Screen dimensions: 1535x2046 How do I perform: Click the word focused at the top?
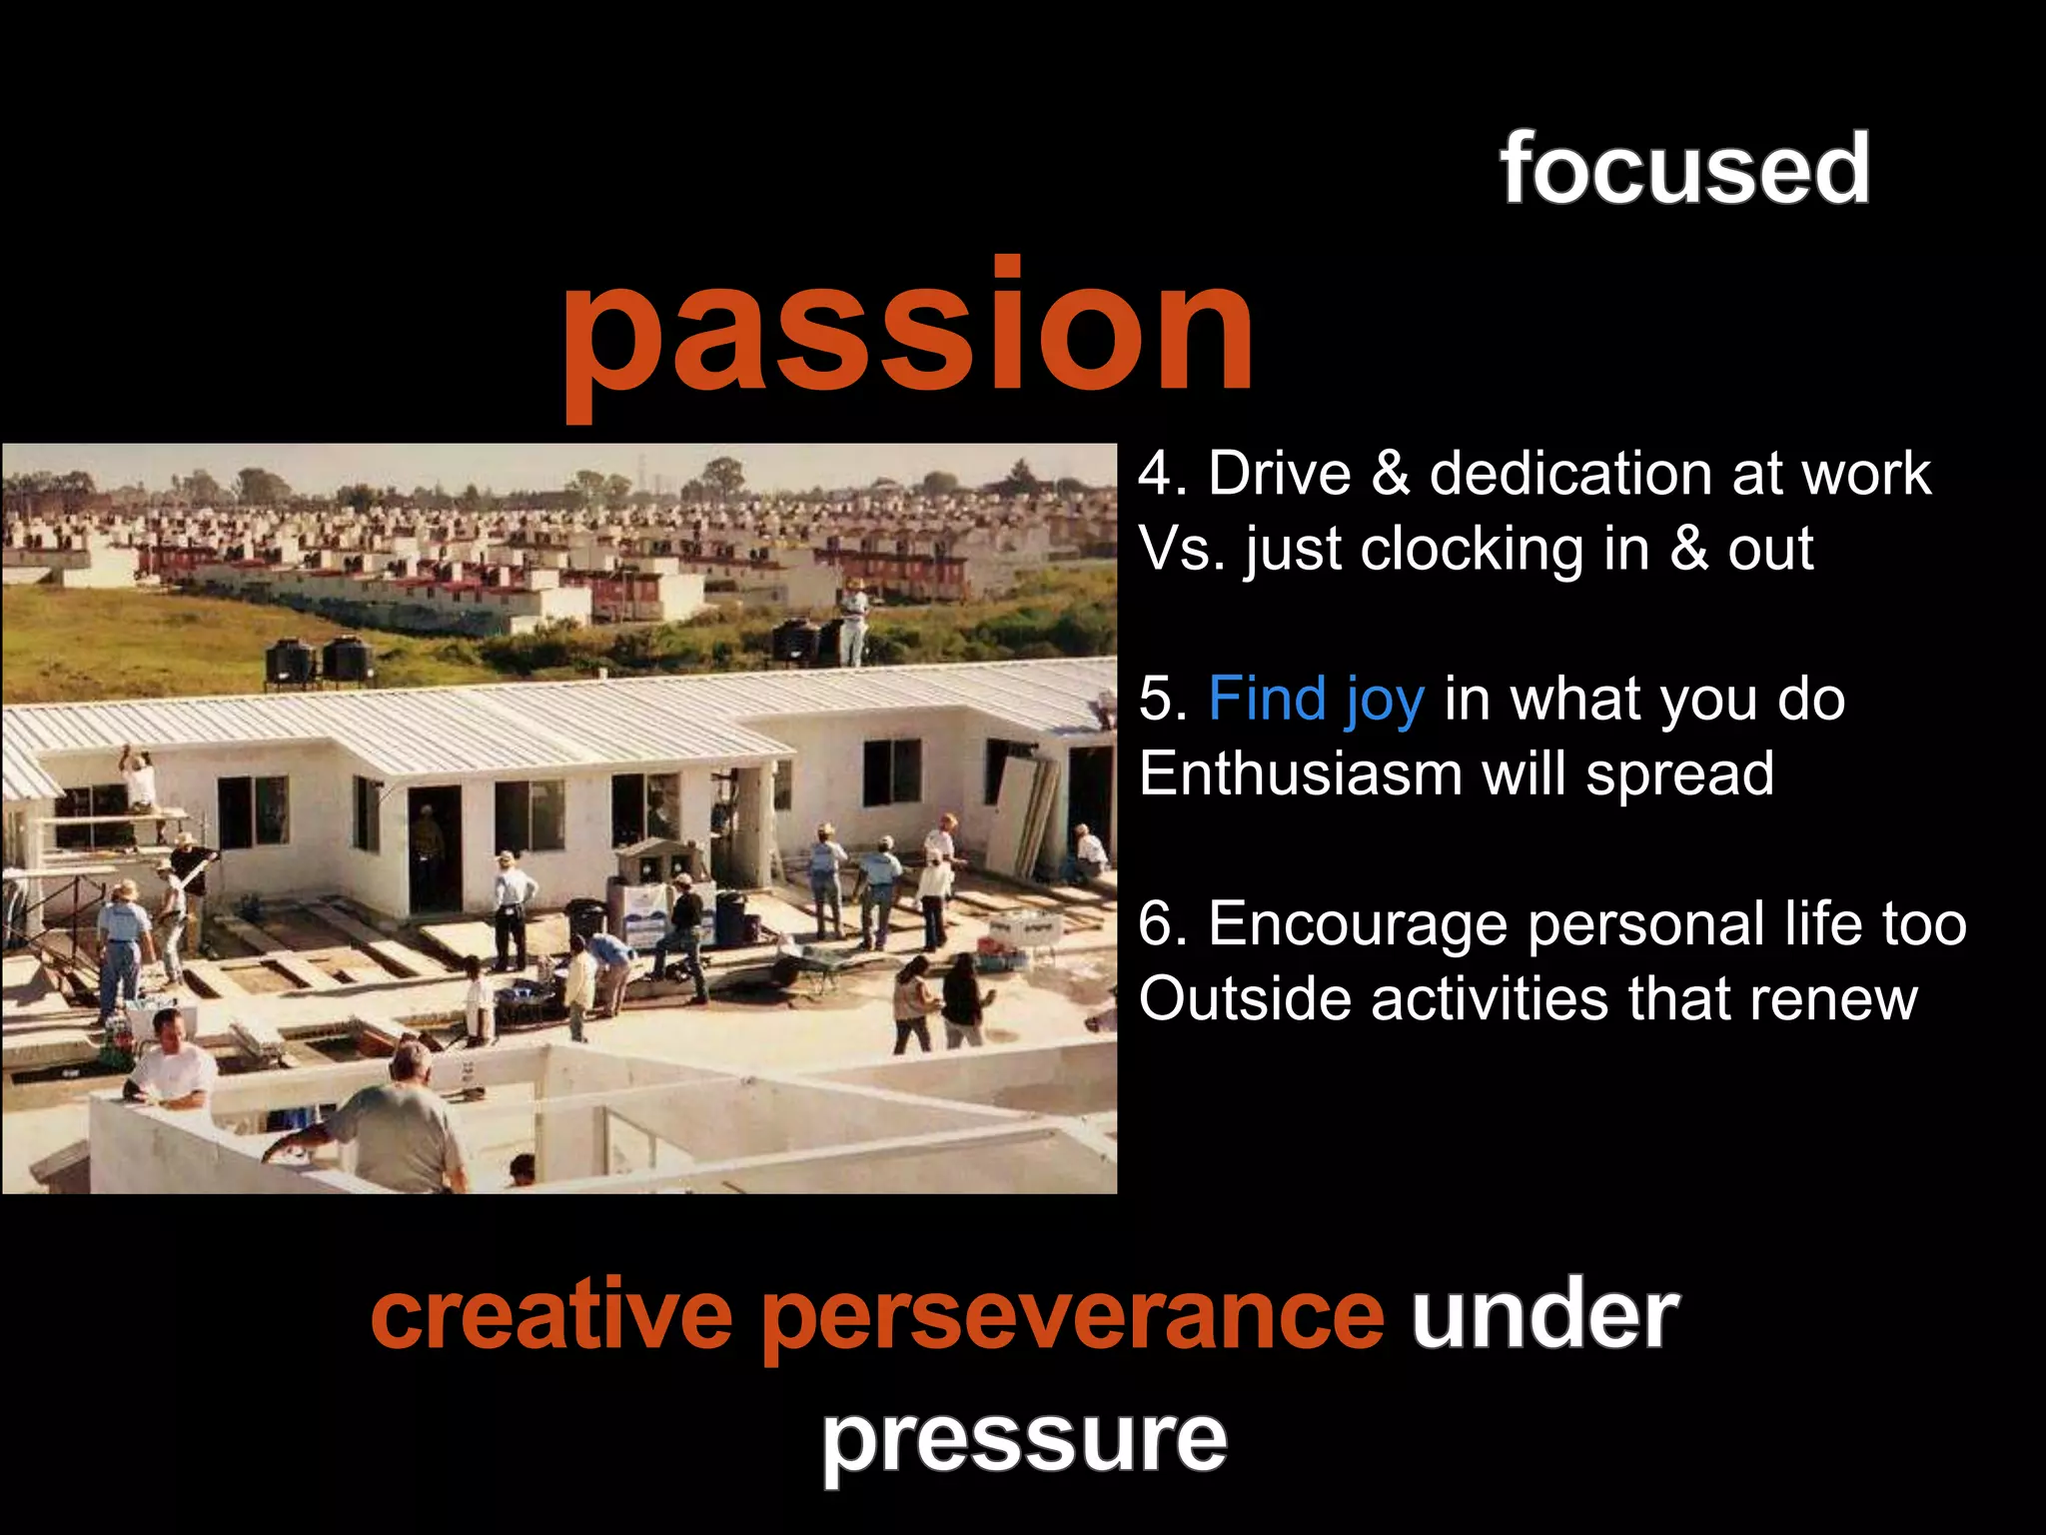click(1684, 170)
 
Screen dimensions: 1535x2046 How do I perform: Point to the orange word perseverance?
click(1073, 1317)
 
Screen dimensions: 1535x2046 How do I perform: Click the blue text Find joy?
click(1316, 699)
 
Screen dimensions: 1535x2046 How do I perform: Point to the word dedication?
click(1569, 473)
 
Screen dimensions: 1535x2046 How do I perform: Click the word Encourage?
click(1358, 923)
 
